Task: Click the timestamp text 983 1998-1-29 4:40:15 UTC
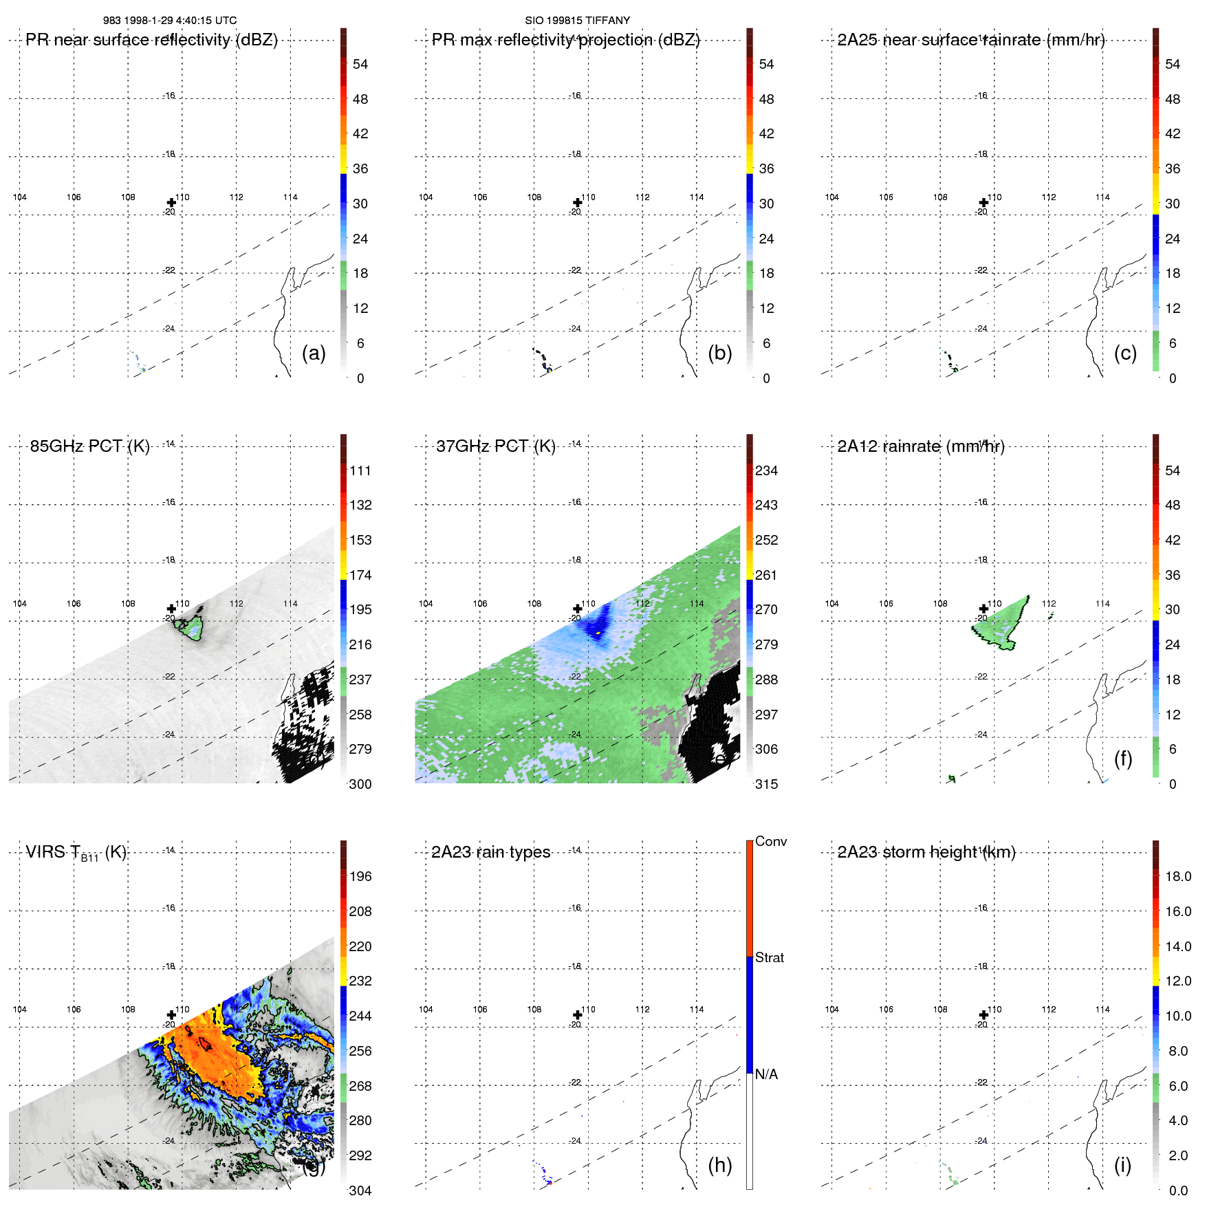[170, 21]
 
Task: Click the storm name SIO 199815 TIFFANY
[577, 21]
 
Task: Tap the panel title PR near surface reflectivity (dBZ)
[151, 40]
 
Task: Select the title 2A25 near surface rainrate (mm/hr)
[971, 40]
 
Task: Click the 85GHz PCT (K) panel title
[89, 446]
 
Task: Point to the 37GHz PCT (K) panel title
[495, 446]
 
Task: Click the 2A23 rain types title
[490, 852]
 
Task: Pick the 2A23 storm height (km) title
[926, 852]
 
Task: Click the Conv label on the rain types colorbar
[770, 841]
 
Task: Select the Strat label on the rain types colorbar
[769, 957]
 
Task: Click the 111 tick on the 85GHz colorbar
[360, 471]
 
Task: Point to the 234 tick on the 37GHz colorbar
[766, 471]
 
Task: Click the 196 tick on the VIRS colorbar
[360, 877]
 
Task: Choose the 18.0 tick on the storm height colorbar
[1178, 877]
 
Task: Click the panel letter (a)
[314, 353]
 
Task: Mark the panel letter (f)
[1123, 759]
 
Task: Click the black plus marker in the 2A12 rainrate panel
[983, 609]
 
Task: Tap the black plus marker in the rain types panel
[578, 1015]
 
